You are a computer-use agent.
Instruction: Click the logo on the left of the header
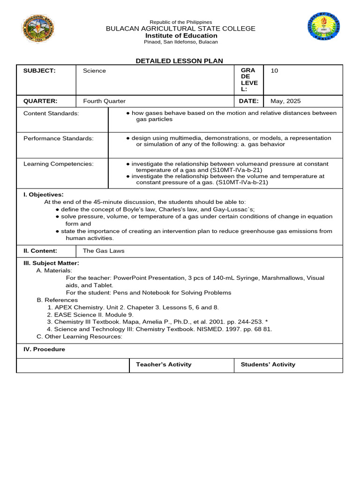(x=38, y=29)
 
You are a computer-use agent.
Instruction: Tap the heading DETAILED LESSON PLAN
(x=180, y=61)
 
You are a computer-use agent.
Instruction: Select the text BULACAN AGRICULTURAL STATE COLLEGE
(x=180, y=29)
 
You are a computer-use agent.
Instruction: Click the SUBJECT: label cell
(x=39, y=71)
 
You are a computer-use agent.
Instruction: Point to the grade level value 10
(x=274, y=71)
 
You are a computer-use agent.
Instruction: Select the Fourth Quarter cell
(x=104, y=101)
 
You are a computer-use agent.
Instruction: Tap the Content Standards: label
(x=51, y=113)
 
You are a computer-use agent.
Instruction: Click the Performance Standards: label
(x=58, y=138)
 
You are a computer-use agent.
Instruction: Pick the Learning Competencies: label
(x=58, y=164)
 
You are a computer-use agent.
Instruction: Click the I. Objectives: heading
(x=44, y=195)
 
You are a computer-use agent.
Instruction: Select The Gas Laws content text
(x=104, y=251)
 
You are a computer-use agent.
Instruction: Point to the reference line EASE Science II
(x=90, y=315)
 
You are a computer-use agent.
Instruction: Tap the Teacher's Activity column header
(x=164, y=364)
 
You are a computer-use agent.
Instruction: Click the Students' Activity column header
(x=268, y=364)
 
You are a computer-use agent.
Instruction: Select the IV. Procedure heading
(x=44, y=349)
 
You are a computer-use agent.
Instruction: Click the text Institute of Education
(x=181, y=36)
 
